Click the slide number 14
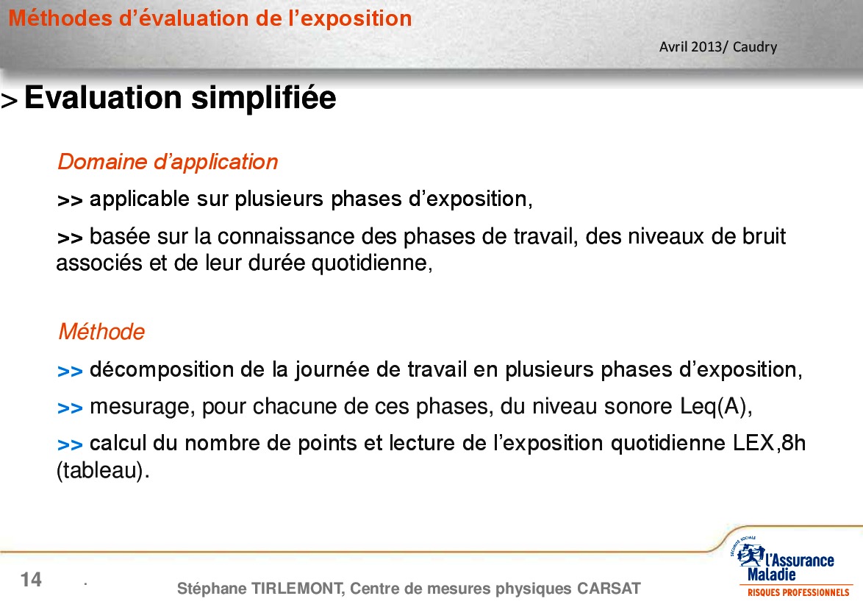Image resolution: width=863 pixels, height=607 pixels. pos(31,580)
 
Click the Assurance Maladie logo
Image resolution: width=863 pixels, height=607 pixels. pos(790,567)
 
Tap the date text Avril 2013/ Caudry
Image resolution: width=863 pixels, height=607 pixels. pos(718,47)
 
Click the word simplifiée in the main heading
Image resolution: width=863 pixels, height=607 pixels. pos(263,99)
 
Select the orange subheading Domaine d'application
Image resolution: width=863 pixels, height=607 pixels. pos(168,162)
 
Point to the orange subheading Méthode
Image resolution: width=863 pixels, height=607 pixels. pos(102,332)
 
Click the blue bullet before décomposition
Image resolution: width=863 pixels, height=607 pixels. pos(70,372)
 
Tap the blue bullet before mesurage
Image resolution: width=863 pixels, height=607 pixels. pos(70,408)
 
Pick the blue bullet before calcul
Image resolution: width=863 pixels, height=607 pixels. pos(70,444)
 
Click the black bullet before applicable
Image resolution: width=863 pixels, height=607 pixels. pos(70,201)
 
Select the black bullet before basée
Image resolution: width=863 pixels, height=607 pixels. pos(70,238)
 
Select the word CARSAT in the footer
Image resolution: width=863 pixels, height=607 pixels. pos(609,589)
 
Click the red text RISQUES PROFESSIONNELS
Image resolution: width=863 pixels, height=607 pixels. pos(798,593)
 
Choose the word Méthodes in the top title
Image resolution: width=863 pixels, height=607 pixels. pos(60,18)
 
